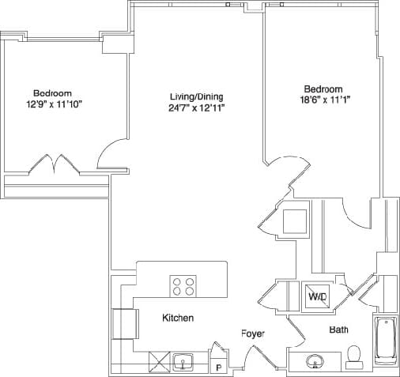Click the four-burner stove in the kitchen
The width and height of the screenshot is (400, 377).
183,285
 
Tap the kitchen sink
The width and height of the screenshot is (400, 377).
183,363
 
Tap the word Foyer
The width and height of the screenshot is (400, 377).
252,334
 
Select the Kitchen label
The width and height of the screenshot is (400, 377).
178,318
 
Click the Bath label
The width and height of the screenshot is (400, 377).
339,330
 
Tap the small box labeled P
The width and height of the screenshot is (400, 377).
218,366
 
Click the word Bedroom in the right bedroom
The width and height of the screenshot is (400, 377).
323,89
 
